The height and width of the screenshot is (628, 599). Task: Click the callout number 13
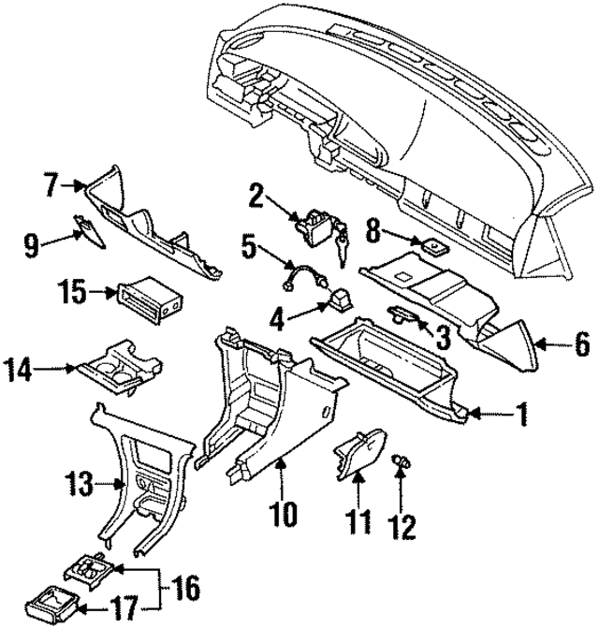80,485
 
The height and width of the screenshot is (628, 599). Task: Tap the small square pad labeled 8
434,250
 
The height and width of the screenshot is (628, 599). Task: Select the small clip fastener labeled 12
403,460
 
